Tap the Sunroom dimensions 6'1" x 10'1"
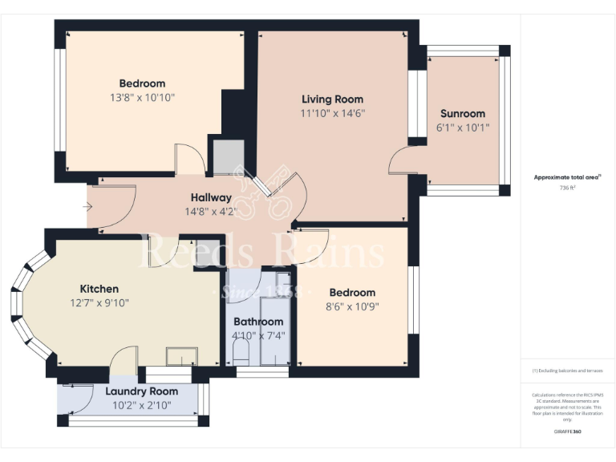point(462,128)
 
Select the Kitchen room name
point(99,289)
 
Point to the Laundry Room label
point(131,391)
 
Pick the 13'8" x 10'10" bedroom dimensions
point(142,97)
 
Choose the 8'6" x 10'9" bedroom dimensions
point(351,306)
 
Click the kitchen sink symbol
point(182,356)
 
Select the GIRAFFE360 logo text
point(567,432)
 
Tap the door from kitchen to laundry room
point(123,362)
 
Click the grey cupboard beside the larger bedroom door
point(229,156)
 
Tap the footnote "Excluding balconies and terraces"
point(567,371)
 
